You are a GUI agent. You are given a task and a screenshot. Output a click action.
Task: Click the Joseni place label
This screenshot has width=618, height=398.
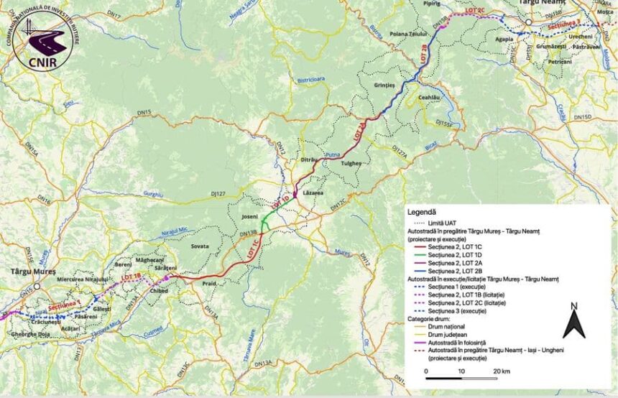coord(250,215)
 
